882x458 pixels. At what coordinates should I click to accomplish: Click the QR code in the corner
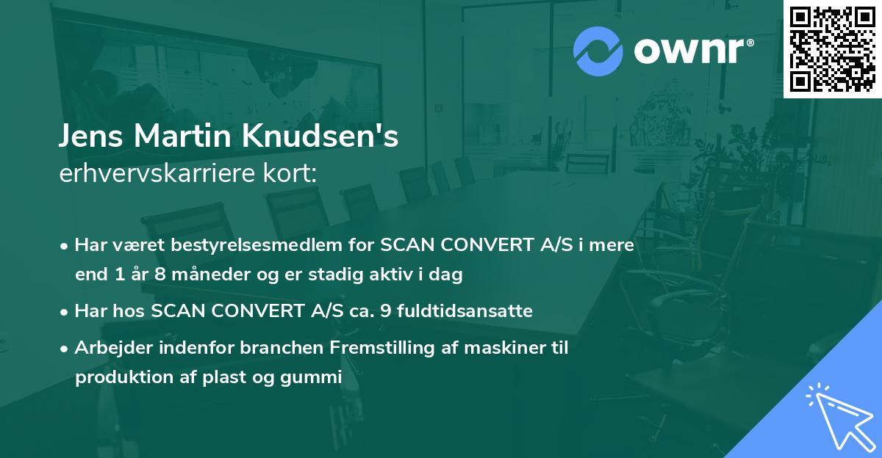(x=832, y=48)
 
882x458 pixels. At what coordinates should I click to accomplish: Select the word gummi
(x=316, y=378)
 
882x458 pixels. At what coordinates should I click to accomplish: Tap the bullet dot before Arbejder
(x=65, y=348)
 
